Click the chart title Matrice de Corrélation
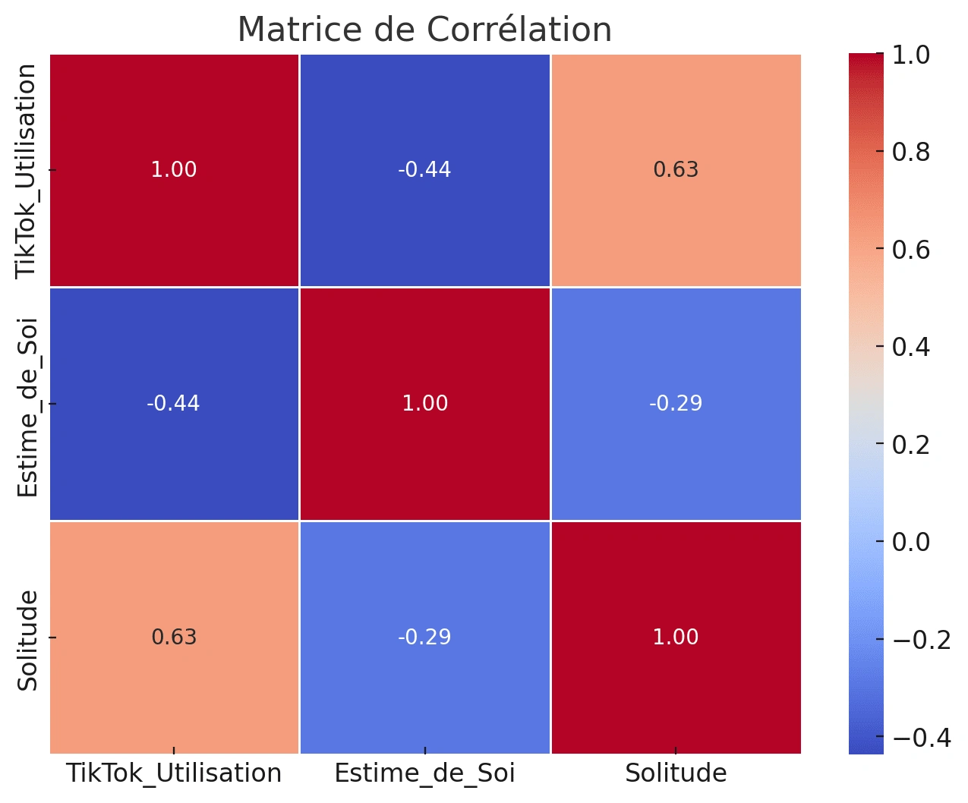(x=424, y=30)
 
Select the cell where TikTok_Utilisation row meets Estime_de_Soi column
(x=424, y=170)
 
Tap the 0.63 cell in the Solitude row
(x=174, y=637)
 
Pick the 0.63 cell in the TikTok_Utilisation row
(x=676, y=170)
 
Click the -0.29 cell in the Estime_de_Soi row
(x=676, y=403)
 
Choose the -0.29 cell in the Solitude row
(x=424, y=637)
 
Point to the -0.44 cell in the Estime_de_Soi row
(x=174, y=403)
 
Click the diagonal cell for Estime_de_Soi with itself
(x=424, y=403)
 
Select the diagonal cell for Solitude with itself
(x=676, y=637)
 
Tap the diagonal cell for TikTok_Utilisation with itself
(x=174, y=170)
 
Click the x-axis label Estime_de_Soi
(x=424, y=773)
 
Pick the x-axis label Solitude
(x=676, y=773)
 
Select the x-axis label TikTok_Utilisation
(x=174, y=773)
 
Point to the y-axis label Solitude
(x=28, y=640)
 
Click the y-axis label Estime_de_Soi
(x=28, y=408)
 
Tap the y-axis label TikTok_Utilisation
(x=28, y=171)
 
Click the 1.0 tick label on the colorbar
(x=911, y=55)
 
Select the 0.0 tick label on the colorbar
(x=911, y=542)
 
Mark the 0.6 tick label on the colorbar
(x=911, y=250)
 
